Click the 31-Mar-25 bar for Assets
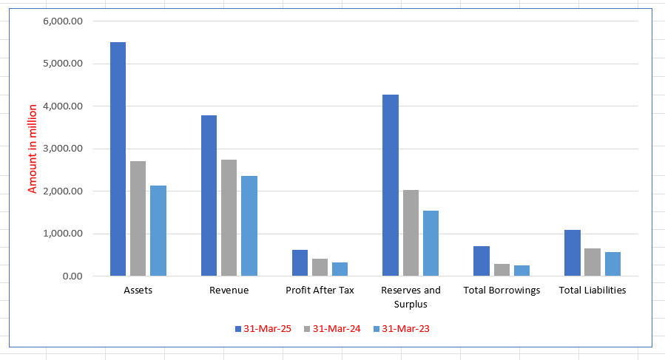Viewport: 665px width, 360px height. [x=118, y=159]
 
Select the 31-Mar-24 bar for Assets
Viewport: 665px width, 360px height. [x=138, y=219]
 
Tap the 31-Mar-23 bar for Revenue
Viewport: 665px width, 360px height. [x=249, y=226]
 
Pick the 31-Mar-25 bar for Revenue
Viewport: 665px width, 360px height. [x=209, y=196]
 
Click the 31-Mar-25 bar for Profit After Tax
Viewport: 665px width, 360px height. [x=300, y=263]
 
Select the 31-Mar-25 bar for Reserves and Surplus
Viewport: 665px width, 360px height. [x=390, y=186]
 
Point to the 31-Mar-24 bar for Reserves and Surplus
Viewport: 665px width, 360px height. [x=411, y=233]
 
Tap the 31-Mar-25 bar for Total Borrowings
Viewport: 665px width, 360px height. [x=481, y=261]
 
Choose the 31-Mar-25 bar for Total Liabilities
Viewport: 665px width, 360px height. [x=572, y=253]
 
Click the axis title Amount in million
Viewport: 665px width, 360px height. [x=33, y=148]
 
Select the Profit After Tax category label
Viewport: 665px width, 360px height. [x=320, y=291]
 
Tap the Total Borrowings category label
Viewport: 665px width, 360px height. [x=502, y=291]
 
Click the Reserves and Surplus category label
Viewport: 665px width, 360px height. [x=411, y=296]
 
